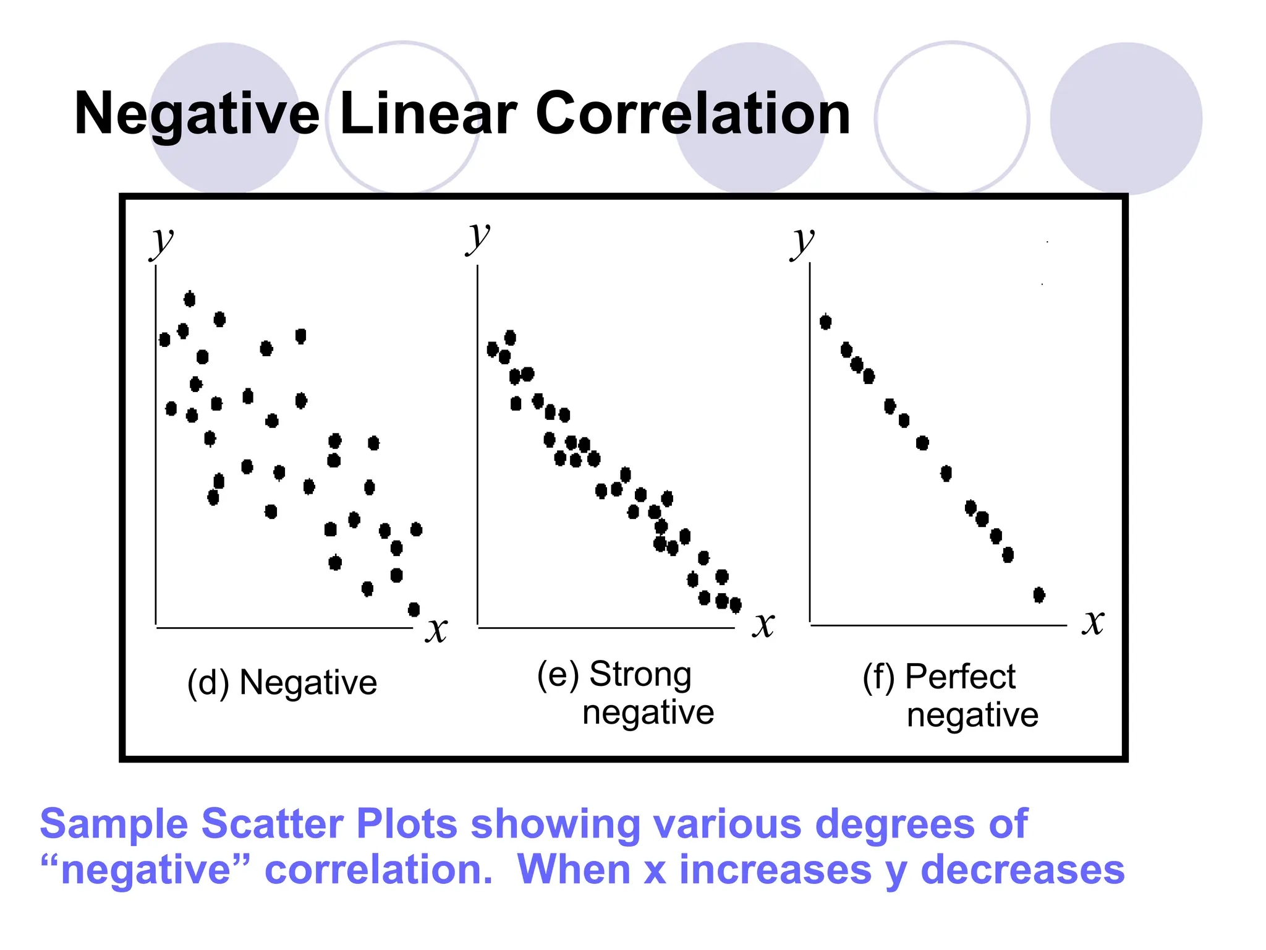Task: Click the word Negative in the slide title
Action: tap(197, 114)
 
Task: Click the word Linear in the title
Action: tap(428, 114)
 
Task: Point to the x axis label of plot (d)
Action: tap(436, 630)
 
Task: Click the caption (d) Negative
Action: tap(282, 683)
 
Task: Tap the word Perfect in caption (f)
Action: tap(960, 677)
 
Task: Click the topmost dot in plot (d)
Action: tap(190, 299)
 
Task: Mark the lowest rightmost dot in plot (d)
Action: tap(414, 610)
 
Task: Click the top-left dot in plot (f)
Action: tap(826, 322)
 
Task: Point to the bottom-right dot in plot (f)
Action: tap(1039, 595)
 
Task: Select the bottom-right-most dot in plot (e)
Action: tap(736, 605)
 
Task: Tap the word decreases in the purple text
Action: tap(1022, 870)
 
